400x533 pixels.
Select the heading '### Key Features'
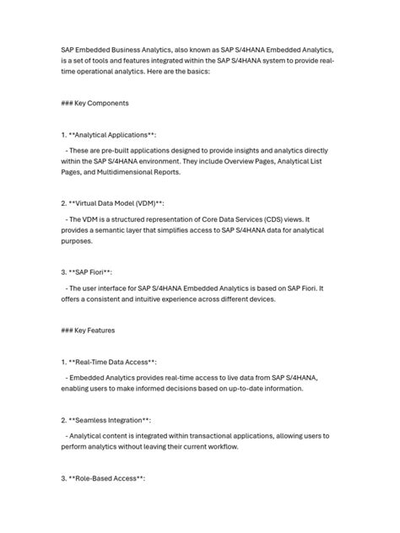[x=89, y=330]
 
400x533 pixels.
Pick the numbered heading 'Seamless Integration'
[x=107, y=419]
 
